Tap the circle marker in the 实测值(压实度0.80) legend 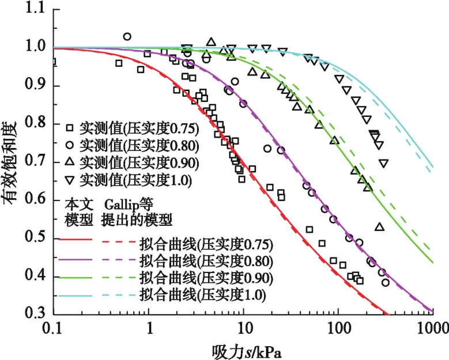(70, 144)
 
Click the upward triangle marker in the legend (70, 162)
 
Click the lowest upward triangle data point (379, 227)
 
